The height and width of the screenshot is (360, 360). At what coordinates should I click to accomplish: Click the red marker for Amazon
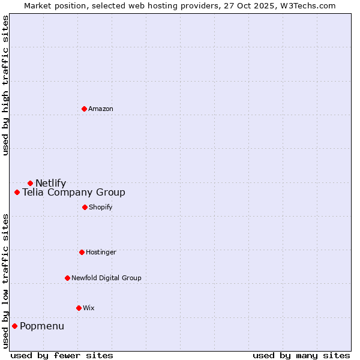point(84,109)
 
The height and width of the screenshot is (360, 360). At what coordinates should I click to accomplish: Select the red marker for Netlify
point(30,183)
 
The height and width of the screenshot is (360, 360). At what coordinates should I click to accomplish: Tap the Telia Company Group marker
point(17,193)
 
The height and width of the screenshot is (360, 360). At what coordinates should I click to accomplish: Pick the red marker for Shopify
point(85,207)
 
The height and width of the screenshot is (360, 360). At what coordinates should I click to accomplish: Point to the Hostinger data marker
point(82,252)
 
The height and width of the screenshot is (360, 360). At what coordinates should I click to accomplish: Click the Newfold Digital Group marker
point(67,278)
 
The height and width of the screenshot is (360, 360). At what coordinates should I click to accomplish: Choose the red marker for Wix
point(79,308)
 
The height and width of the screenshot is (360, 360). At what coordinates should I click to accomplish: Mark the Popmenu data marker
point(14,326)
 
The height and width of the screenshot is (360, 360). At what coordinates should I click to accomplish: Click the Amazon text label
point(101,109)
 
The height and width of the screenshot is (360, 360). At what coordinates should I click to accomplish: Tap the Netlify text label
point(51,184)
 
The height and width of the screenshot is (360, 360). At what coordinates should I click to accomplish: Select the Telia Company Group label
point(74,193)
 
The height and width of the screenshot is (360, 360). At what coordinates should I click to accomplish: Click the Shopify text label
point(101,207)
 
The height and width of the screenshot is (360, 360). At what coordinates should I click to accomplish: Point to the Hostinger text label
point(101,252)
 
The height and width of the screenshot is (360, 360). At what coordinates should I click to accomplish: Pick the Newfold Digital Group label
point(106,278)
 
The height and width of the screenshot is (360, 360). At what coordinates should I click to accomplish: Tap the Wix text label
point(89,308)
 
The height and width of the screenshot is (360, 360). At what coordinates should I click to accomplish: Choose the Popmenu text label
point(42,326)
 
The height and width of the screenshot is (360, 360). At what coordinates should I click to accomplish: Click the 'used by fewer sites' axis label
point(62,355)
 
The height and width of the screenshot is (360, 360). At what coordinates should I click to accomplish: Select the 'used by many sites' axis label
point(301,355)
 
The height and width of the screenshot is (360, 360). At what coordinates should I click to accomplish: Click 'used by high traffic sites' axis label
point(5,85)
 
